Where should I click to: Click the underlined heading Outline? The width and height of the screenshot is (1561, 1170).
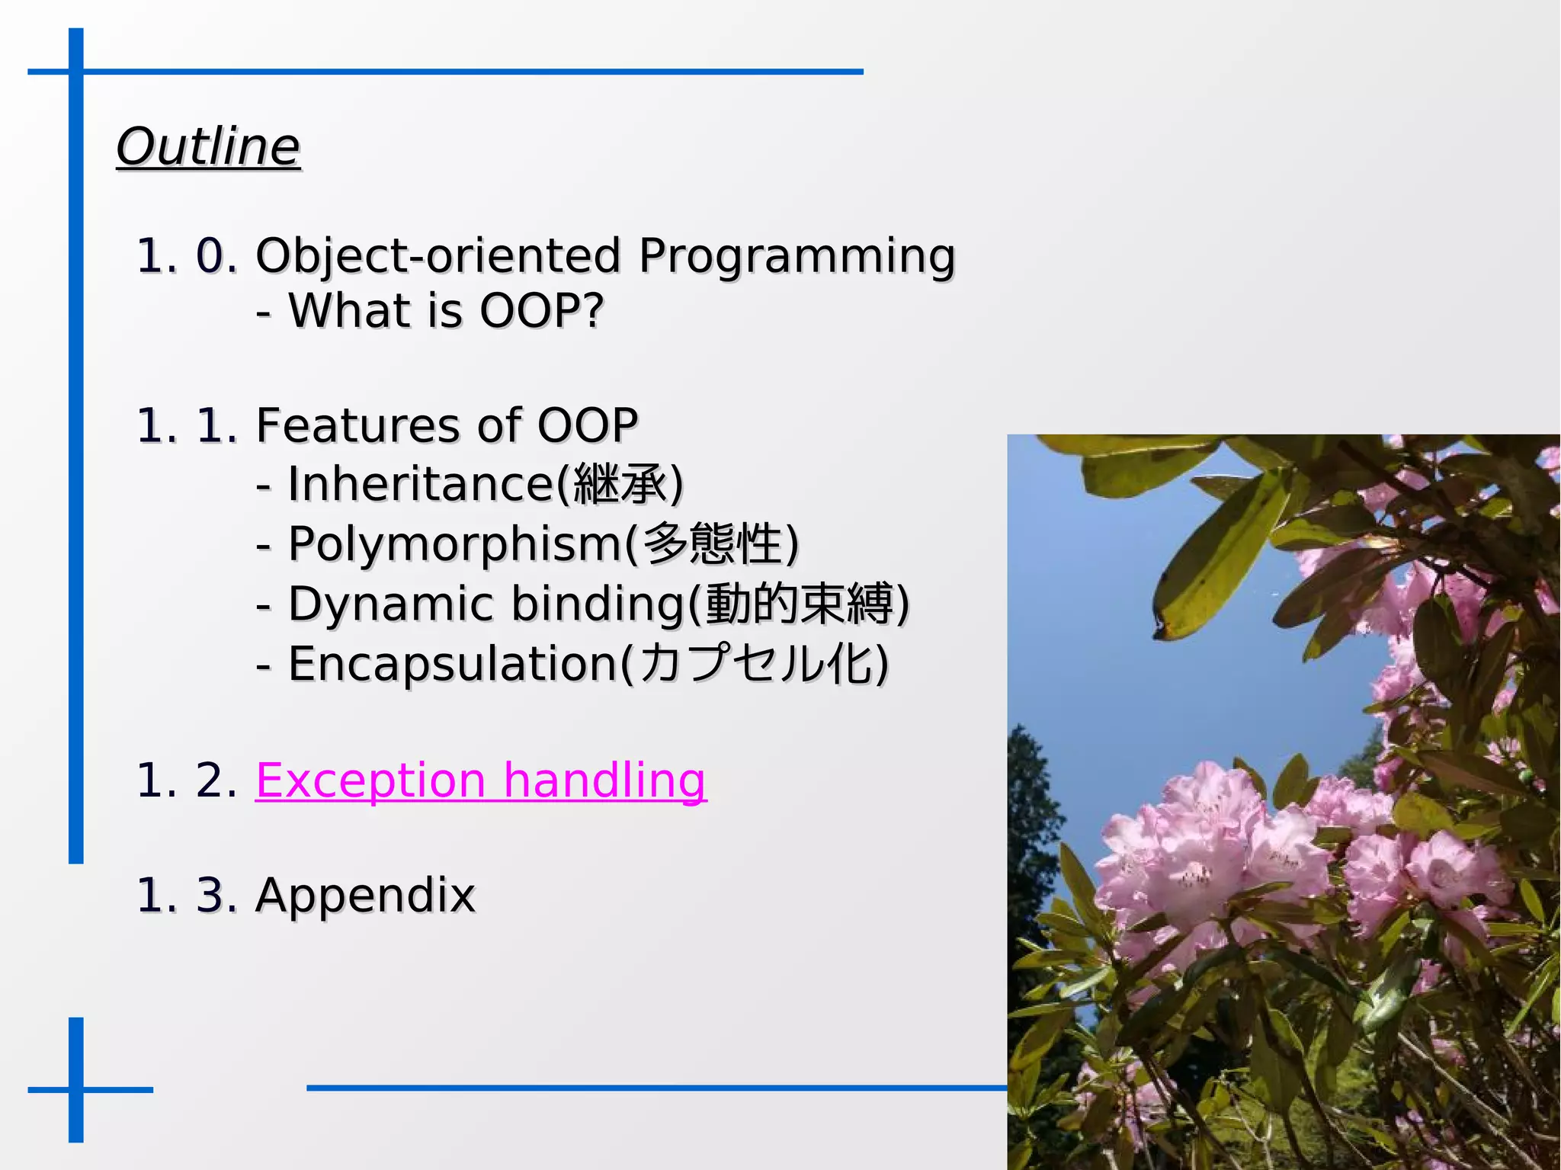click(208, 146)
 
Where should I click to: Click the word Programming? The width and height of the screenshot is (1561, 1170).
click(797, 256)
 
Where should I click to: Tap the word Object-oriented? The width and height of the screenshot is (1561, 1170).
click(438, 256)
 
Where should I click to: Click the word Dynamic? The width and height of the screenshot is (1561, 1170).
click(390, 604)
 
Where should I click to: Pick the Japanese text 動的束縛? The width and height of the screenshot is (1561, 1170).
click(798, 604)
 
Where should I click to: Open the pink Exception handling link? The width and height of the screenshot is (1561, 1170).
click(480, 781)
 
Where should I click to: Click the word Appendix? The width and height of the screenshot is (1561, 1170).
click(365, 895)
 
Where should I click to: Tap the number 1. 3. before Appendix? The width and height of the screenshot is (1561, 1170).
click(186, 895)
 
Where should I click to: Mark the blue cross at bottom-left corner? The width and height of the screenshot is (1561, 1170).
click(76, 1088)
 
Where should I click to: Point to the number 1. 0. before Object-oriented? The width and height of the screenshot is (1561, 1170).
click(186, 256)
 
